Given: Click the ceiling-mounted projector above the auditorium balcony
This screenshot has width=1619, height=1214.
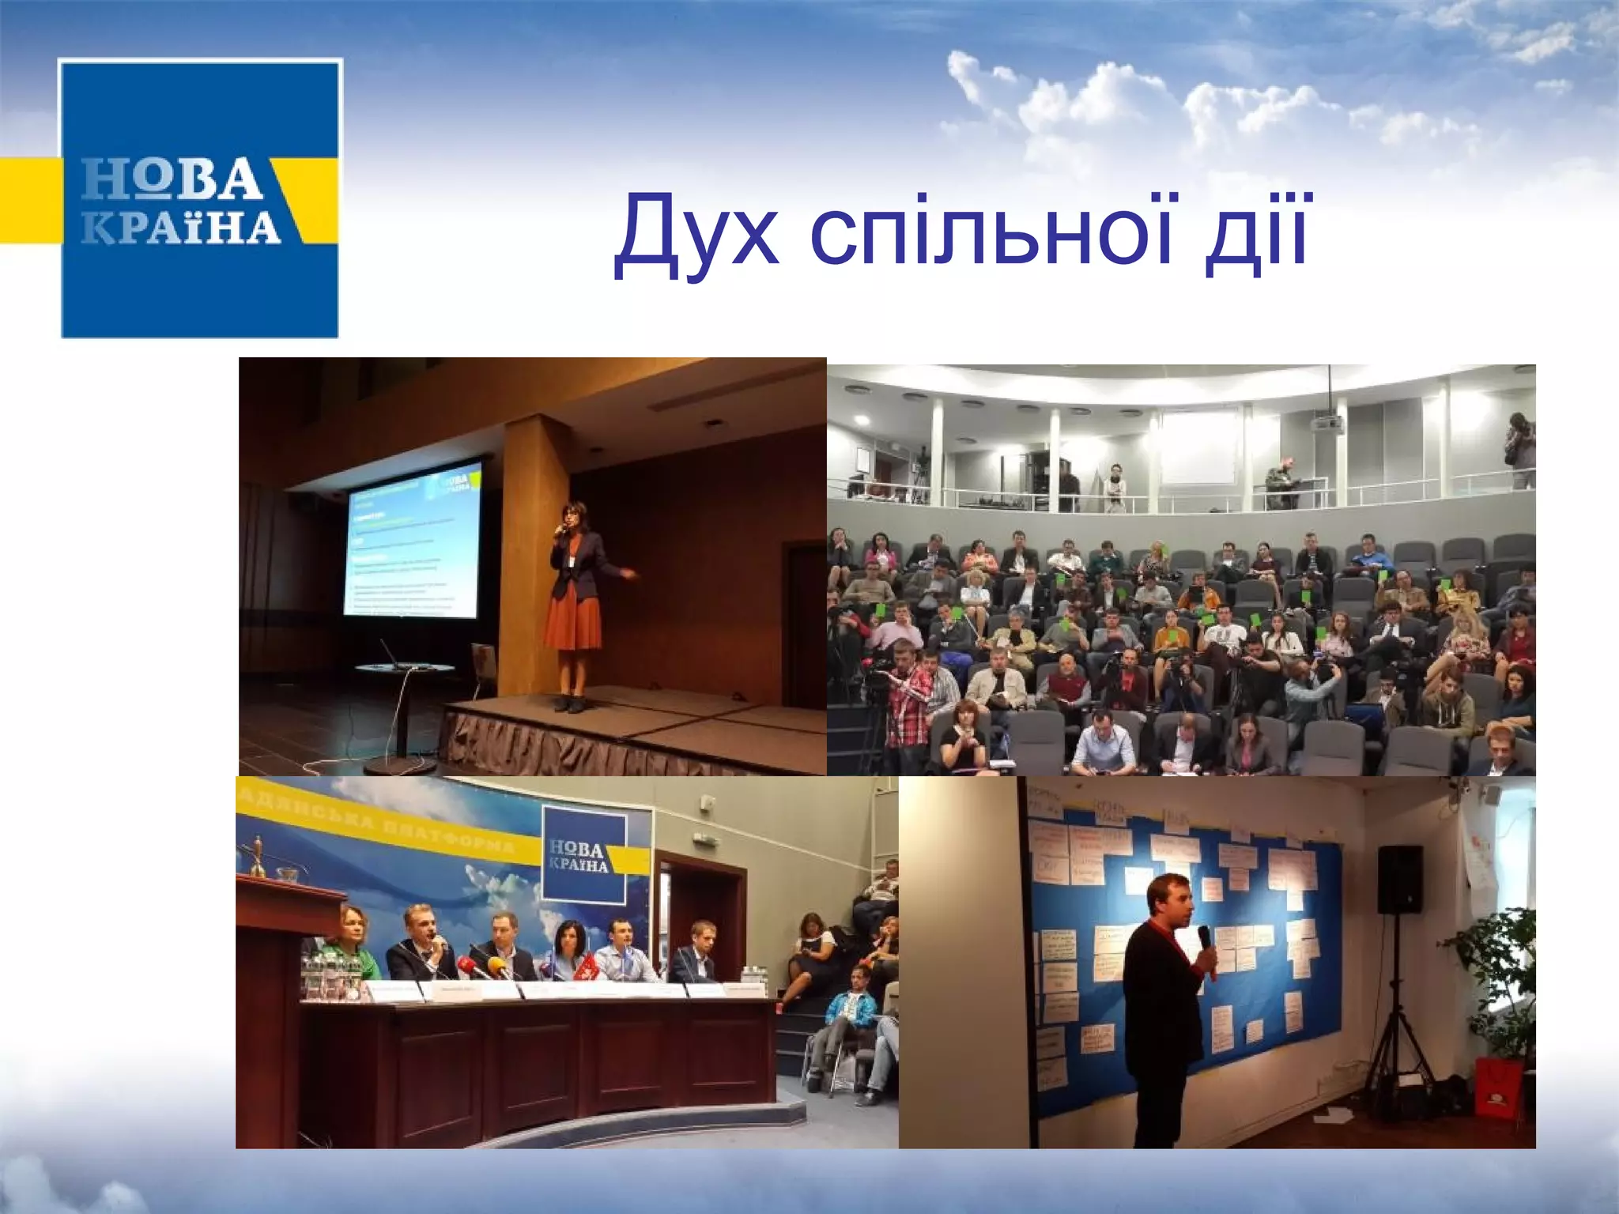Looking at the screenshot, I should click(x=1327, y=424).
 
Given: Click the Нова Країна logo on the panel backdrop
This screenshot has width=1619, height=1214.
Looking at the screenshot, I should click(x=583, y=854).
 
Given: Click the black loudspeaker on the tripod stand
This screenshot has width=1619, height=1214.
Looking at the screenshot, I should click(x=1399, y=879).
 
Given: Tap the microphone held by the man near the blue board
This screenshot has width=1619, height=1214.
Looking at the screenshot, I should click(x=1205, y=939).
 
